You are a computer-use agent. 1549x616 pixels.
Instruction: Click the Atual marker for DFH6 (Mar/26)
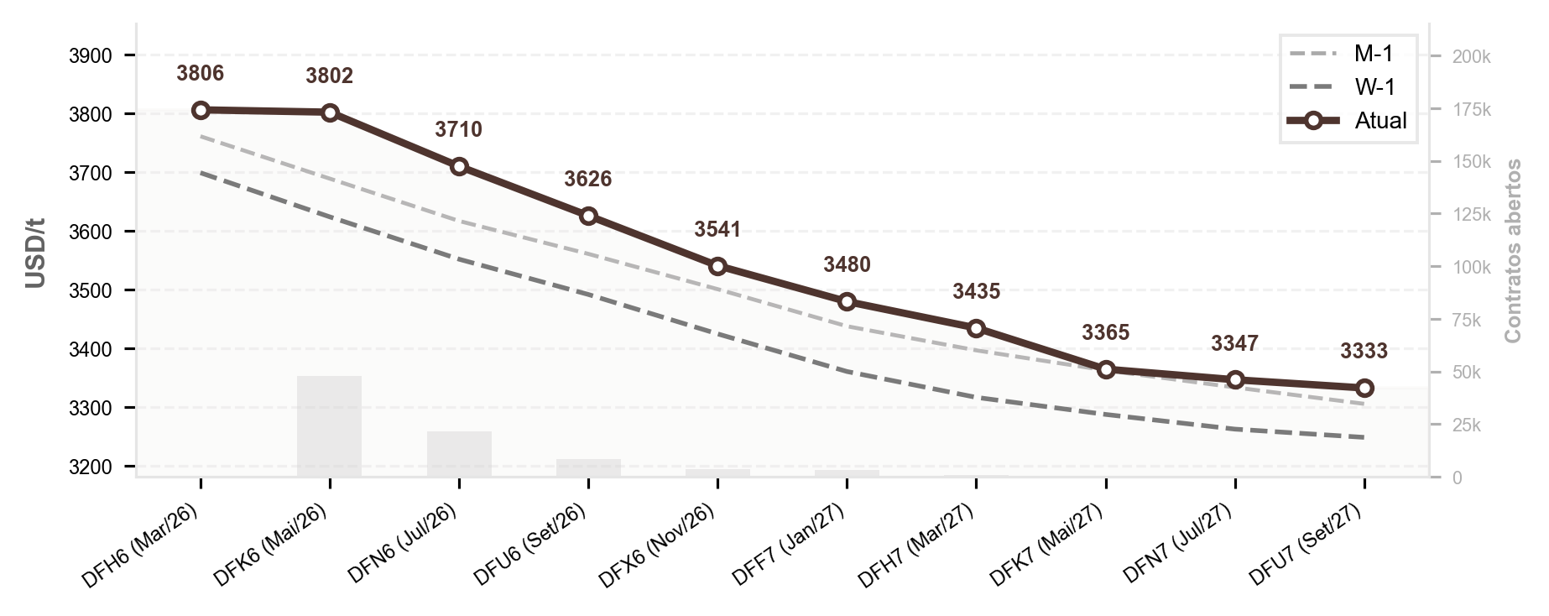[x=201, y=110]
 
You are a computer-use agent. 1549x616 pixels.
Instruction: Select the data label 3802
[x=330, y=76]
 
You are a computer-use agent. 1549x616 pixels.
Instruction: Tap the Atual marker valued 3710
[x=459, y=166]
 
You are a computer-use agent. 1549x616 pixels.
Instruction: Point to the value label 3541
[x=717, y=230]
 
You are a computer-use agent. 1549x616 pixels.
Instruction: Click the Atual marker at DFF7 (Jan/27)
[x=847, y=301]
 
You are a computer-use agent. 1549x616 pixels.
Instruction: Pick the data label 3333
[x=1364, y=351]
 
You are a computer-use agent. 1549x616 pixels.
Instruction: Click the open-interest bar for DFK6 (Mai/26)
[x=330, y=426]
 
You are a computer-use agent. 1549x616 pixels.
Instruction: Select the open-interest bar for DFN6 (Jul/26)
[x=459, y=454]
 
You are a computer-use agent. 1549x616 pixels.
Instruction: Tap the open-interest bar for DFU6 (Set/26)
[x=588, y=467]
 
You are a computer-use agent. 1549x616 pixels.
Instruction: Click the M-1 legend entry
[x=1348, y=55]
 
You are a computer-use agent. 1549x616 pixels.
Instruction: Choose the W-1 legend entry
[x=1348, y=87]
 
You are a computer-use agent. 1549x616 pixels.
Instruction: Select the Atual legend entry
[x=1348, y=121]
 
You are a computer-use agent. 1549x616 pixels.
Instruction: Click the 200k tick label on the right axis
[x=1472, y=57]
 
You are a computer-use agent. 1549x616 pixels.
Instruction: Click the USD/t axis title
[x=35, y=253]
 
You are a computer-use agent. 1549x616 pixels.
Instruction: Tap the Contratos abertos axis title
[x=1513, y=250]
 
